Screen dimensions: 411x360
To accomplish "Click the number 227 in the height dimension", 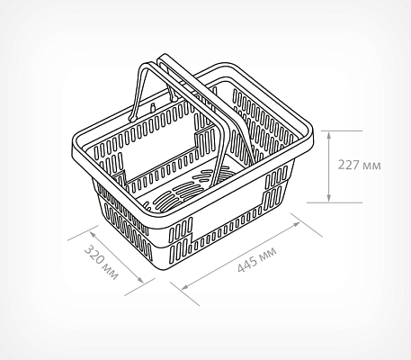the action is click(x=348, y=165).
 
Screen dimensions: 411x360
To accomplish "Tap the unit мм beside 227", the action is click(x=371, y=166).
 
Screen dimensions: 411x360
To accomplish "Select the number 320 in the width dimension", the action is click(x=94, y=255).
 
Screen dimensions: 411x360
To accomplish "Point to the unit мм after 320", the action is click(x=111, y=272).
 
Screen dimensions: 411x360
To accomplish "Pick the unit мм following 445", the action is click(x=267, y=254).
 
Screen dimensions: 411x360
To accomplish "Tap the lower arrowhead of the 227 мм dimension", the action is click(x=329, y=198).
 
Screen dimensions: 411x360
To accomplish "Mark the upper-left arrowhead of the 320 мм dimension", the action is click(x=93, y=233).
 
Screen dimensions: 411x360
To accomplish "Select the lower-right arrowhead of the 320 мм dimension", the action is click(x=140, y=280).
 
